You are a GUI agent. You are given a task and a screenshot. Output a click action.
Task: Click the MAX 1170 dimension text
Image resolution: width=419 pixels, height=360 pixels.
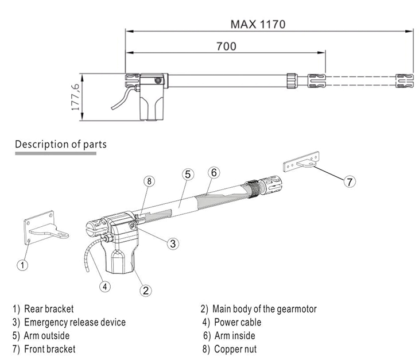(257, 25)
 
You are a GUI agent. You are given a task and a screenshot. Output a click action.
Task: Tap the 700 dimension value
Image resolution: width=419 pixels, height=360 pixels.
(226, 47)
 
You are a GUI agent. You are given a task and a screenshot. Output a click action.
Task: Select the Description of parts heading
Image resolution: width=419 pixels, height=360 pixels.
(60, 144)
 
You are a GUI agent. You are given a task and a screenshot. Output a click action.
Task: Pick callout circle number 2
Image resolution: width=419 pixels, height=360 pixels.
(146, 291)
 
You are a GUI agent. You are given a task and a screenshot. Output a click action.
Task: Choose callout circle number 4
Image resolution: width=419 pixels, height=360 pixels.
(105, 285)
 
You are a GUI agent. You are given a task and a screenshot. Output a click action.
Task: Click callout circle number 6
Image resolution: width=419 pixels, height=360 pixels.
(212, 172)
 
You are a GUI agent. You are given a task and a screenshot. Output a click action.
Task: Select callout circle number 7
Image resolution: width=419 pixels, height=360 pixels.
(349, 181)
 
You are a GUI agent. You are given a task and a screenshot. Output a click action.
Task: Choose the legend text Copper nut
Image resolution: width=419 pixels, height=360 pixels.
(235, 349)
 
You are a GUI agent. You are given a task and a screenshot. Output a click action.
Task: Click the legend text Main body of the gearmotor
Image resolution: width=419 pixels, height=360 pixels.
(264, 309)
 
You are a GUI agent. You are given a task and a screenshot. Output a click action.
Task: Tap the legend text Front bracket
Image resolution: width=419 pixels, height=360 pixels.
(49, 349)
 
